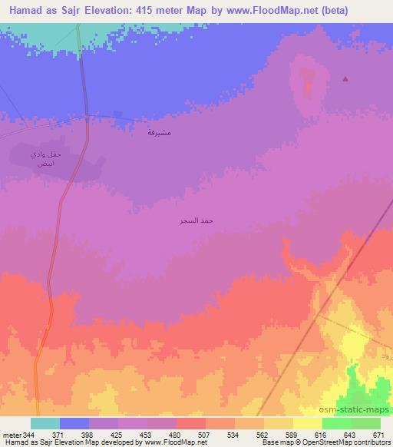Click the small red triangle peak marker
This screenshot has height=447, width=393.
(345, 78)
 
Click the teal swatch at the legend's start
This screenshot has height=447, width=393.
(45, 423)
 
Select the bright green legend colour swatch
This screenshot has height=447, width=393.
(336, 423)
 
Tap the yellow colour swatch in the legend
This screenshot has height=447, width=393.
(278, 423)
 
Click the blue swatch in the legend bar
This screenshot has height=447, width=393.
(74, 423)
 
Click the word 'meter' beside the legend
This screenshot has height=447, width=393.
(9, 435)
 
